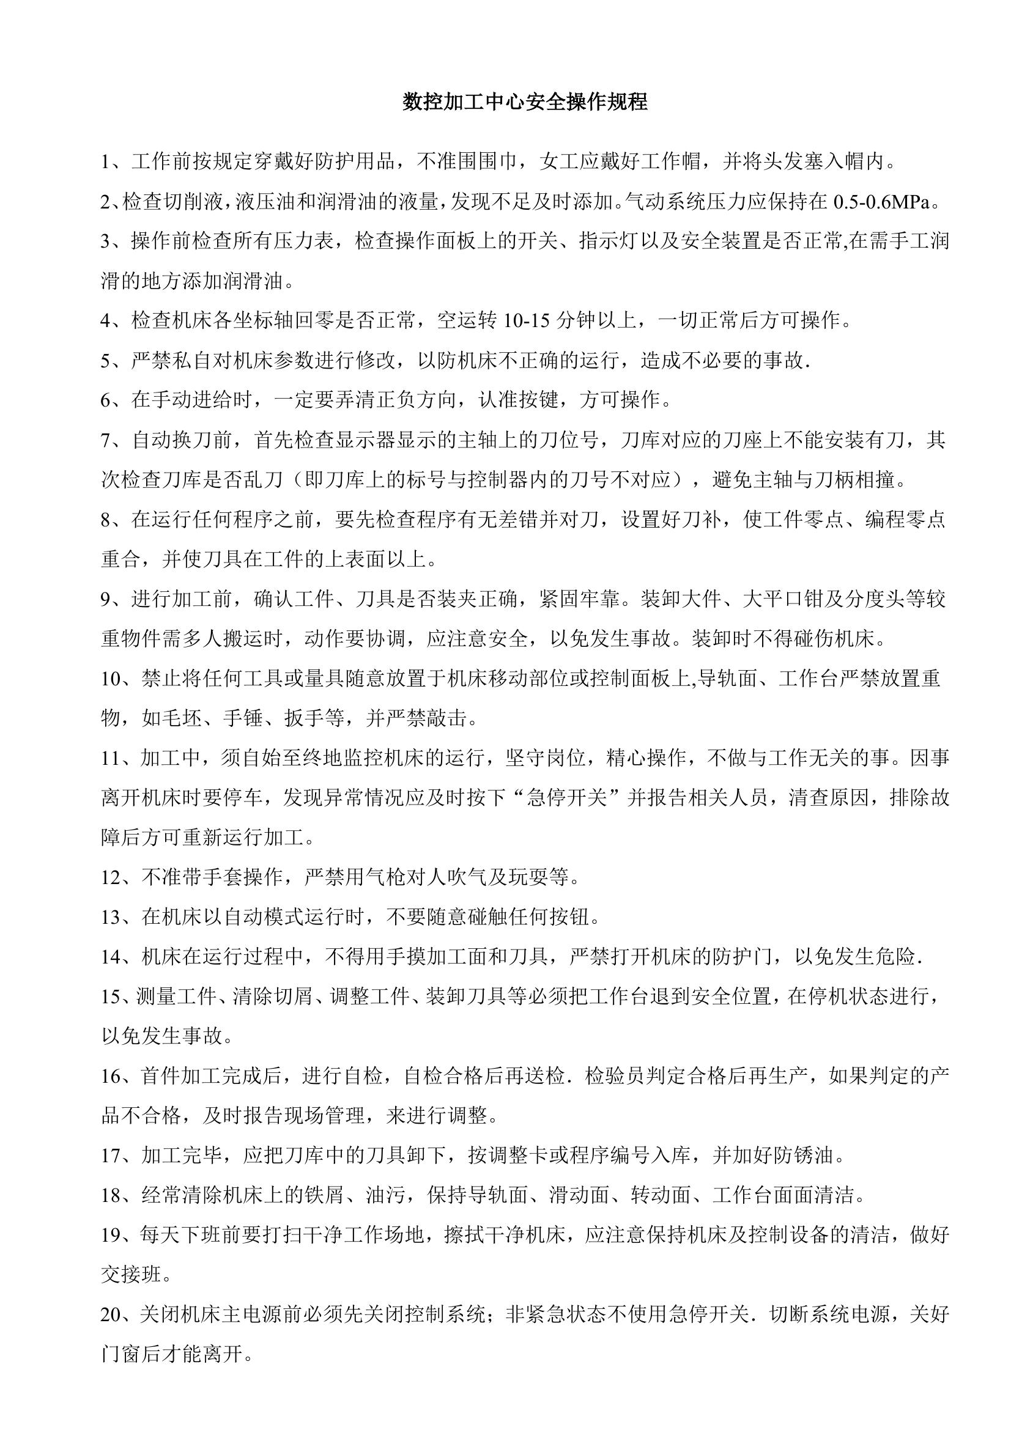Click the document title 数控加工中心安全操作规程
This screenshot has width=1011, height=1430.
click(525, 101)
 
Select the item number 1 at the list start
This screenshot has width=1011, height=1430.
click(105, 163)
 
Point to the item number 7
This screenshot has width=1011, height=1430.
click(105, 441)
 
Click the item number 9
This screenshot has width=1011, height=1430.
click(105, 600)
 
